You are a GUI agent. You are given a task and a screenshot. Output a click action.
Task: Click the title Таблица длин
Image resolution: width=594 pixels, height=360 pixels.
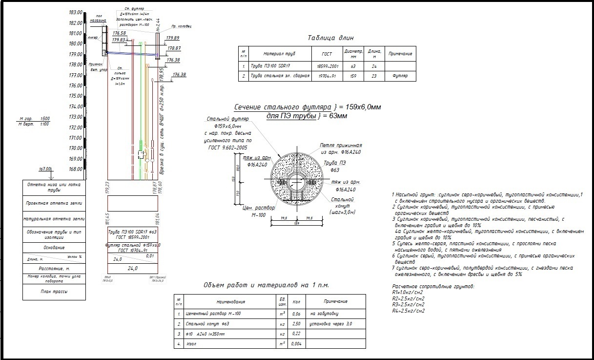pyautogui.click(x=330, y=38)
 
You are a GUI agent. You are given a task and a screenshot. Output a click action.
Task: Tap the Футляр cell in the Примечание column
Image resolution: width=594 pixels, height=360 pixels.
pyautogui.click(x=400, y=76)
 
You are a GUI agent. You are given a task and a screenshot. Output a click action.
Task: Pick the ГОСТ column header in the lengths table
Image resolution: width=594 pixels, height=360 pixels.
pyautogui.click(x=327, y=54)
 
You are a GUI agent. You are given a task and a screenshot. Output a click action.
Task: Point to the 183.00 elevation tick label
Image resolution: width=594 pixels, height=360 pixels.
pyautogui.click(x=75, y=12)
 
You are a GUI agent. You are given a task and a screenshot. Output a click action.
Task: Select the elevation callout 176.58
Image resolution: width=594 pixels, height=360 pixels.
pyautogui.click(x=119, y=33)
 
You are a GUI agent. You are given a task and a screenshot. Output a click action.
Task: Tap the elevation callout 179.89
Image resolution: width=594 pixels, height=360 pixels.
pyautogui.click(x=173, y=38)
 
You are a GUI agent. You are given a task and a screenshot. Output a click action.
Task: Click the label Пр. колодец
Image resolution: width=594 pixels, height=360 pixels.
pyautogui.click(x=181, y=26)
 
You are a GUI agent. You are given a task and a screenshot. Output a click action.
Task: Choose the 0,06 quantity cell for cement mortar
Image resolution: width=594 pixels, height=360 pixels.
pyautogui.click(x=296, y=314)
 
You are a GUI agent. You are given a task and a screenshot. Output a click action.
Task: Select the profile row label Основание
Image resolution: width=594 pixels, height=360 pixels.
pyautogui.click(x=54, y=248)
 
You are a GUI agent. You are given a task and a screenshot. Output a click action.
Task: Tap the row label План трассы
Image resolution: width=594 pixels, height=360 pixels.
pyautogui.click(x=54, y=292)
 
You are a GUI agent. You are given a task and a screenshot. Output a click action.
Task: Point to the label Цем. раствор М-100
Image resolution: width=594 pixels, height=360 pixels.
pyautogui.click(x=258, y=211)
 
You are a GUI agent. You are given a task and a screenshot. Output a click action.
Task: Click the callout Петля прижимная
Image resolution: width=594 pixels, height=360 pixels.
pyautogui.click(x=341, y=146)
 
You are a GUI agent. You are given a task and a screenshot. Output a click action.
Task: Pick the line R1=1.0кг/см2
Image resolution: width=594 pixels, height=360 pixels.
pyautogui.click(x=408, y=292)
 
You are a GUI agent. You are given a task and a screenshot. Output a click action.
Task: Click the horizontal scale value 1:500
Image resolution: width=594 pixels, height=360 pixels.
pyautogui.click(x=45, y=119)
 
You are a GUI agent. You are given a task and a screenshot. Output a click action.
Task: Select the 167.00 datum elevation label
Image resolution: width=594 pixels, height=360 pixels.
pyautogui.click(x=45, y=169)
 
